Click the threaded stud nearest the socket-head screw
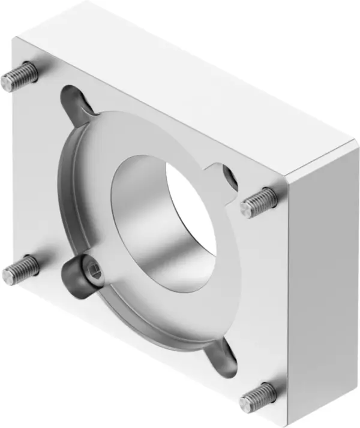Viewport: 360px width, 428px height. click(20, 270)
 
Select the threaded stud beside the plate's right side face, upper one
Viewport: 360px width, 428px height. click(259, 202)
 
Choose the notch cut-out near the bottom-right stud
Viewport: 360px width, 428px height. click(225, 357)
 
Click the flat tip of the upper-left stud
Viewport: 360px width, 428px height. click(7, 80)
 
